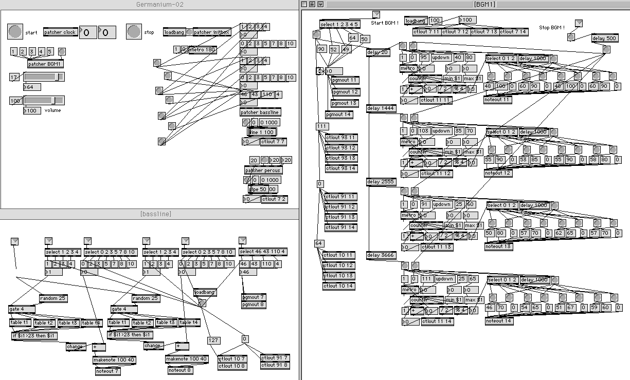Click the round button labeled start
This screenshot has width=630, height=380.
(x=15, y=32)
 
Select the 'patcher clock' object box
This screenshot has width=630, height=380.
(x=60, y=32)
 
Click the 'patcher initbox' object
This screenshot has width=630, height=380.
(x=211, y=32)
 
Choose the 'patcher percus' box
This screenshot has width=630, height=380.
(x=263, y=170)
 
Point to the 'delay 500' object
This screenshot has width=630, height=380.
(x=605, y=38)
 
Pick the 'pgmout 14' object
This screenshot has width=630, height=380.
(x=339, y=115)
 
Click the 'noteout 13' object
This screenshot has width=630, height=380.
(x=498, y=246)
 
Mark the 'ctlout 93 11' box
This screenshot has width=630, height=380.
(x=340, y=138)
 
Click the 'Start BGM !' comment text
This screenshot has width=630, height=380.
(x=384, y=23)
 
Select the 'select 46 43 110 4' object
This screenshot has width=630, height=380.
(x=263, y=252)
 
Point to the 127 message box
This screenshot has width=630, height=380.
(x=213, y=340)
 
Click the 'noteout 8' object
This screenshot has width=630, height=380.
(x=181, y=370)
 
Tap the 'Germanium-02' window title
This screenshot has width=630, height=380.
(x=160, y=5)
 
